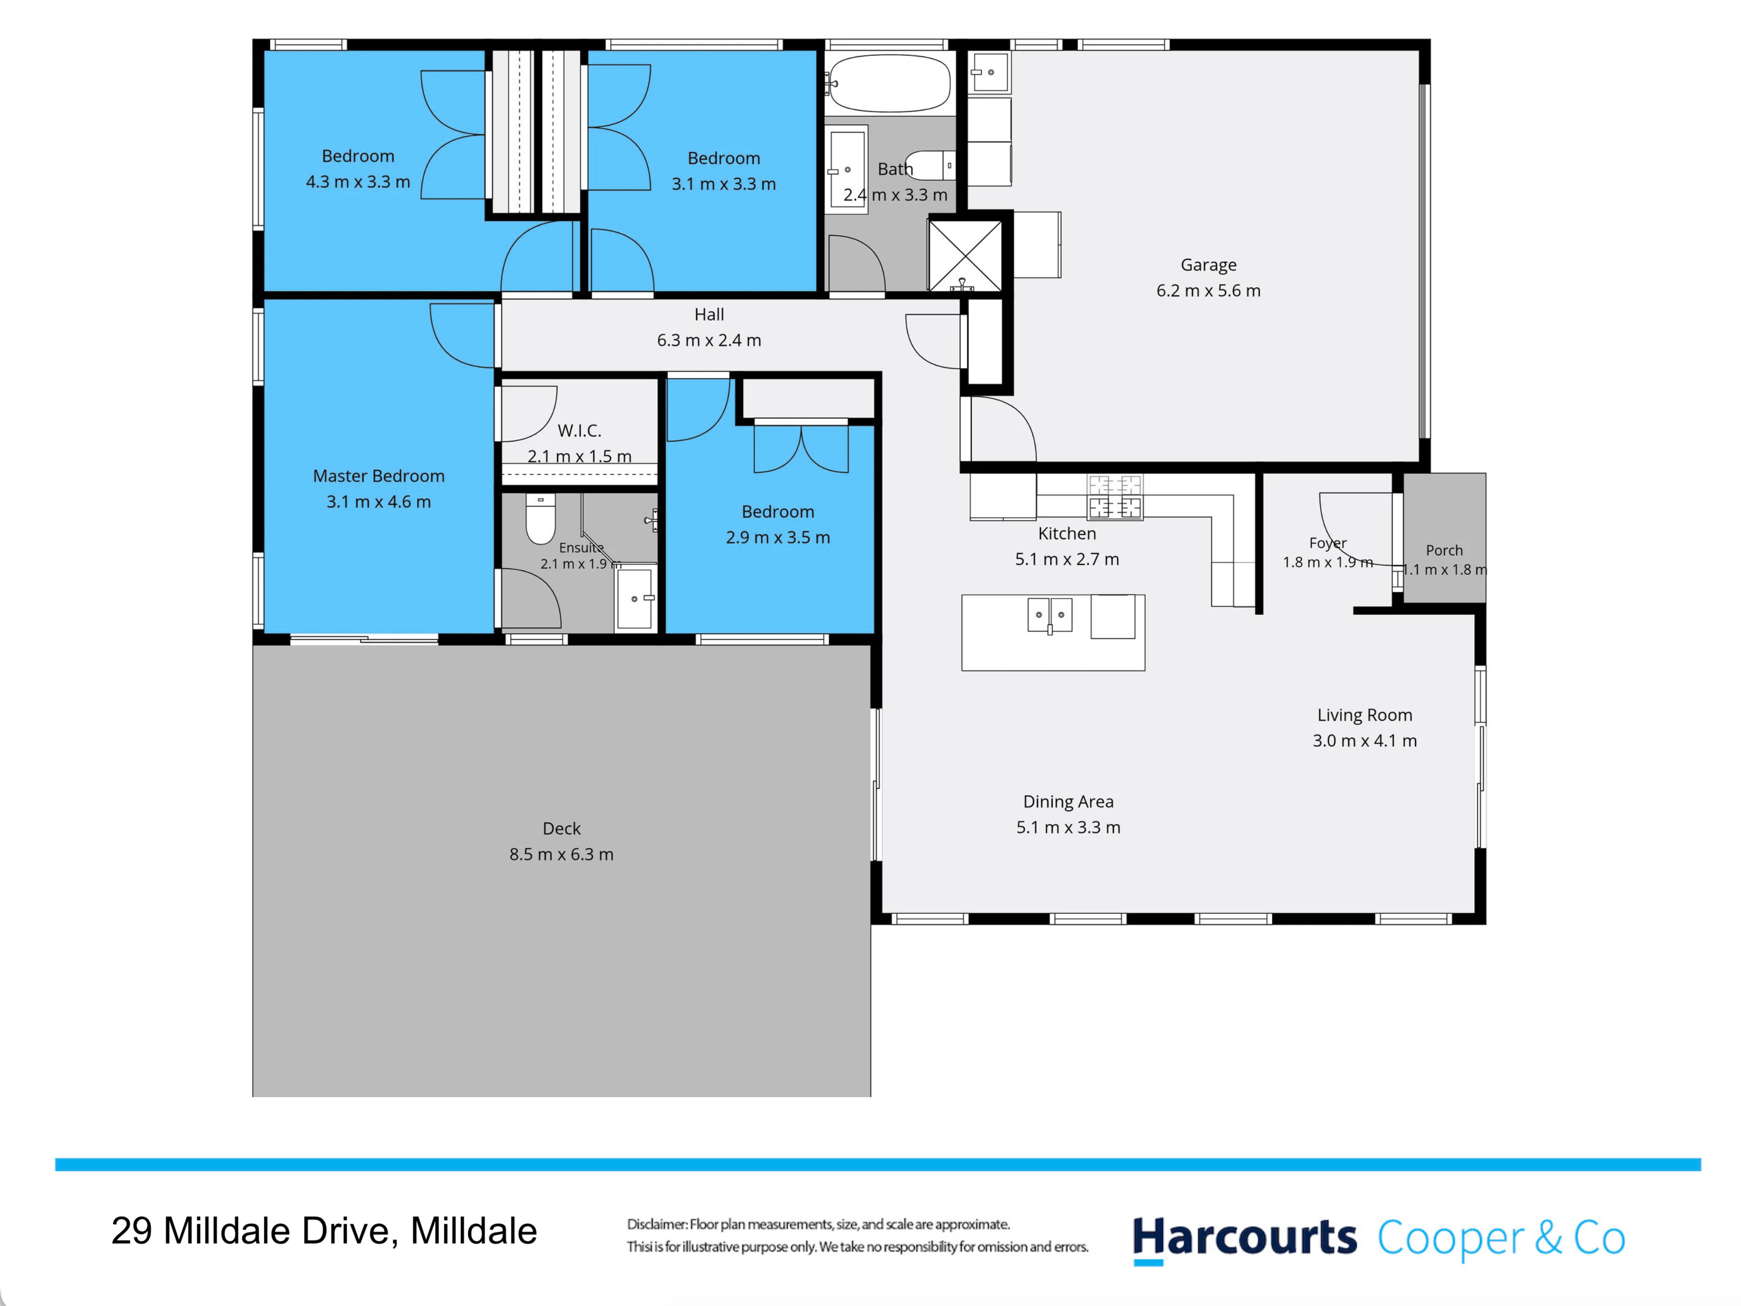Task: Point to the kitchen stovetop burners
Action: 1114,497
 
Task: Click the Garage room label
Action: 1208,265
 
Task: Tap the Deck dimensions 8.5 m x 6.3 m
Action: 561,854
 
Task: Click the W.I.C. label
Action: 580,430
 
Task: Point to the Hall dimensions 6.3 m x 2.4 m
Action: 709,340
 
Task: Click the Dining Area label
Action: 1068,802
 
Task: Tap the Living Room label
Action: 1365,715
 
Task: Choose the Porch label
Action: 1444,550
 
